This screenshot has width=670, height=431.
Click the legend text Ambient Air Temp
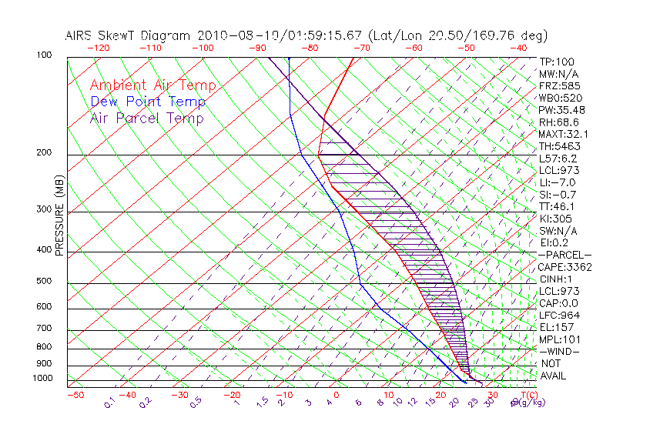152,85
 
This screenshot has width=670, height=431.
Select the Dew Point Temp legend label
148,102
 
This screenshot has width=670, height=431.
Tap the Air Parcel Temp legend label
147,118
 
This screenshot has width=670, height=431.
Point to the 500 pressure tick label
43,282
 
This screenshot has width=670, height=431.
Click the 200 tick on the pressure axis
43,153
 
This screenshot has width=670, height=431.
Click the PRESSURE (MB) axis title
60,215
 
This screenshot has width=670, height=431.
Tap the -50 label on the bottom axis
74,395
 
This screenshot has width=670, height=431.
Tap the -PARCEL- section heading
564,255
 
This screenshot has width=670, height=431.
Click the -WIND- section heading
559,351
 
